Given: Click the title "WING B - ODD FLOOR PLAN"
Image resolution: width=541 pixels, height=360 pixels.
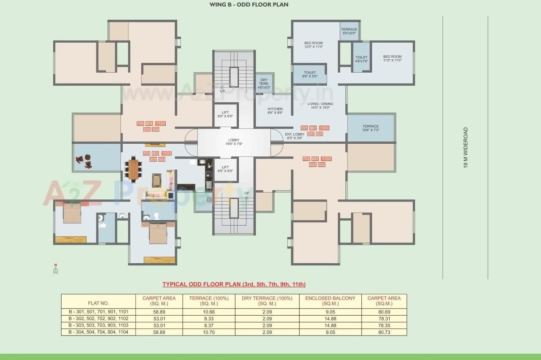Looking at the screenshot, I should [249, 5].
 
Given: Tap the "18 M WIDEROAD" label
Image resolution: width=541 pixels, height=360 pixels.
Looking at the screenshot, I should [466, 148].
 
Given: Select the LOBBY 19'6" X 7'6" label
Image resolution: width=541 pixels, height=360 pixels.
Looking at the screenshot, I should [234, 142].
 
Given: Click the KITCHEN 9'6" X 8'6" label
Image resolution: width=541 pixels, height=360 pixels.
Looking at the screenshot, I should [275, 111].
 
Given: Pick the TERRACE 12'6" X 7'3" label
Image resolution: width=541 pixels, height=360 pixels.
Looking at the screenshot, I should [370, 128].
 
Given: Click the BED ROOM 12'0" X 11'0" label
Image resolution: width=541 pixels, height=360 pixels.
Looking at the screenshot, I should [314, 45].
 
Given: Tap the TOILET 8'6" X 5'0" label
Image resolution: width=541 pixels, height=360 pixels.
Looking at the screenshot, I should [310, 74].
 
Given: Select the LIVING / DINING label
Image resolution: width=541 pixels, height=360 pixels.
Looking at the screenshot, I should [320, 105].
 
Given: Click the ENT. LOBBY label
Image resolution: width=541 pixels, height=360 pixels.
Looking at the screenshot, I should [295, 136].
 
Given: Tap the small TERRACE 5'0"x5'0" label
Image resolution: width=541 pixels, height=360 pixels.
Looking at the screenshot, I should [349, 31].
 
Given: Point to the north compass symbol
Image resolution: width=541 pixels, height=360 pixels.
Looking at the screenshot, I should [55, 270].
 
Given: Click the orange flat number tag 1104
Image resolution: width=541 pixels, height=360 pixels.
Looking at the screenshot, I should [160, 124].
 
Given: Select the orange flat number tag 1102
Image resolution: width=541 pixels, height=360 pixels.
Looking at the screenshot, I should [326, 159].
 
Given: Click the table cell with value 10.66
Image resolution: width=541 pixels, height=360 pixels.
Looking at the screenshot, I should [209, 312].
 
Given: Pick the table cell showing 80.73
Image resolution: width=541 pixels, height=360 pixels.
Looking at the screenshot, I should [384, 332].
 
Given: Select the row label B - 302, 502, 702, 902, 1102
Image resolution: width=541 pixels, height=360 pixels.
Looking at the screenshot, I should [98, 319].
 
